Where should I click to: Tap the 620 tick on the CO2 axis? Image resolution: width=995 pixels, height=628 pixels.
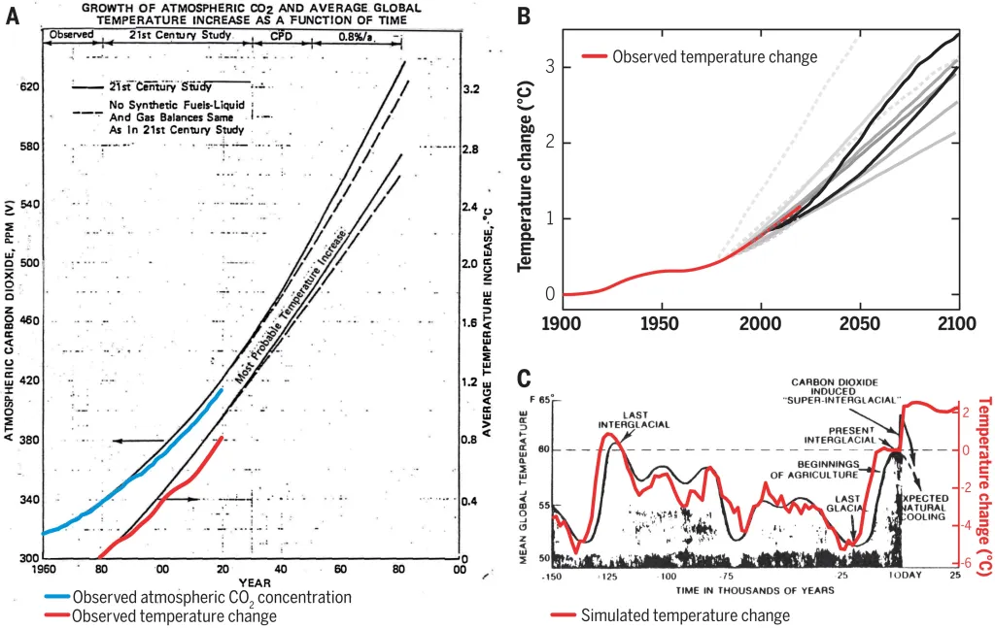point(28,87)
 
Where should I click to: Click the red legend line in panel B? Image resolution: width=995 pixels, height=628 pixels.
point(594,57)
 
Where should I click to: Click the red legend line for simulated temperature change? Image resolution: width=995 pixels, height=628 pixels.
point(564,615)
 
